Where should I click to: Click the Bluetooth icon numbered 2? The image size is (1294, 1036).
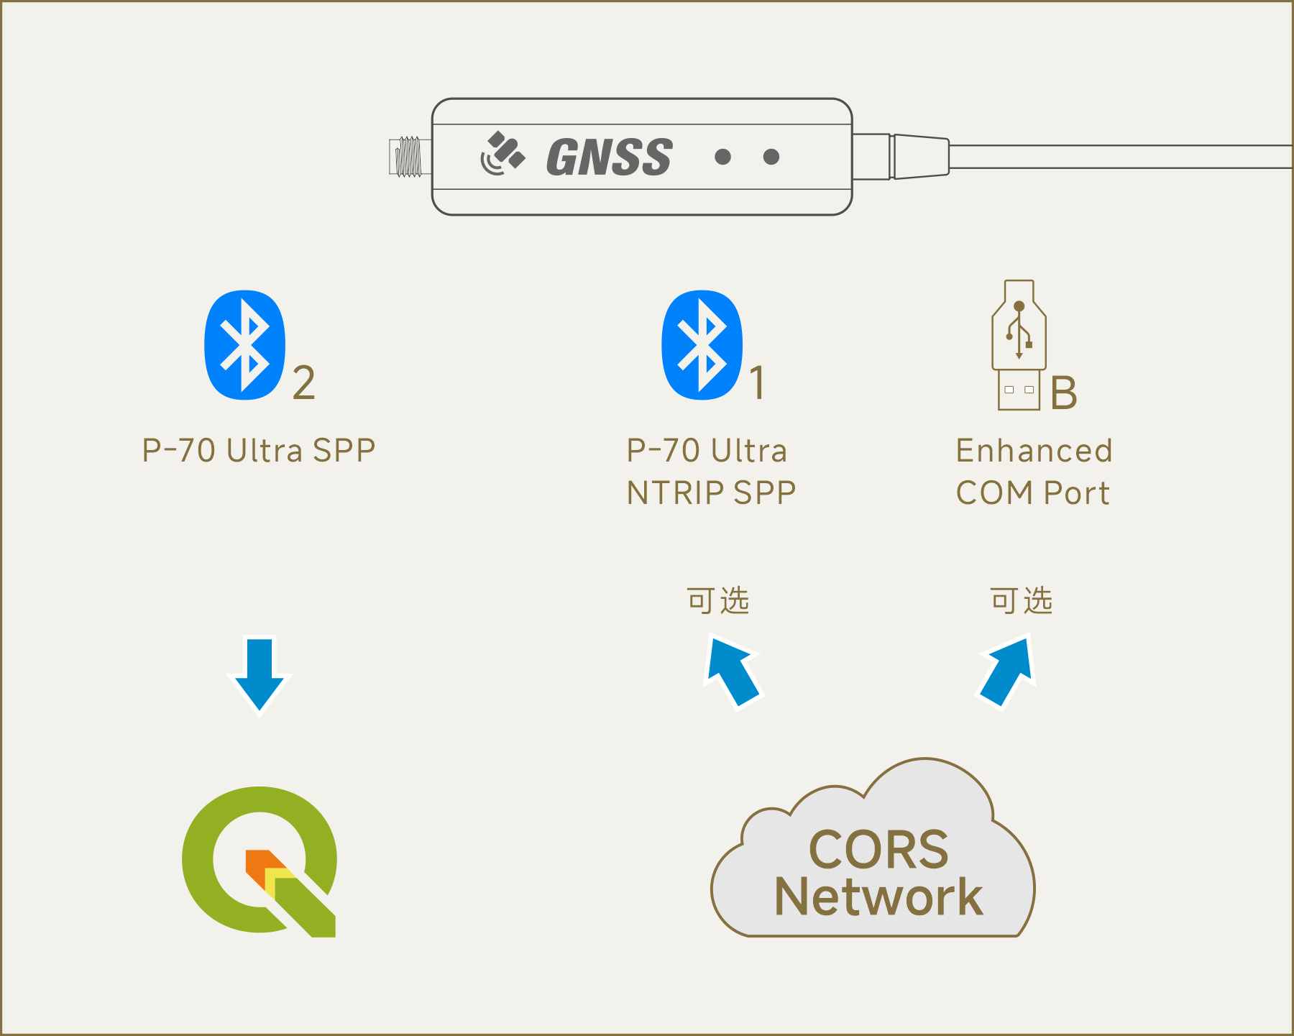pos(245,345)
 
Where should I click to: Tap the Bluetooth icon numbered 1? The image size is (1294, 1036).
pos(702,345)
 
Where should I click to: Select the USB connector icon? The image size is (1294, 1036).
pos(1019,345)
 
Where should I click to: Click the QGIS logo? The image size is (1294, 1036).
pos(260,861)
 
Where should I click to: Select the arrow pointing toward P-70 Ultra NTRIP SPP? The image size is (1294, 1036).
pos(733,671)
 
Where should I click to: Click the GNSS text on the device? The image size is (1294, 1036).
pos(610,157)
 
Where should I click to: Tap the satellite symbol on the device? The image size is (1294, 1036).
pos(503,153)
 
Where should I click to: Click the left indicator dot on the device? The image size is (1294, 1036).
pos(723,157)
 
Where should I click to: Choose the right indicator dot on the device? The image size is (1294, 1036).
pos(771,157)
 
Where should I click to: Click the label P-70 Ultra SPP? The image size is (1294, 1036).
pos(259,451)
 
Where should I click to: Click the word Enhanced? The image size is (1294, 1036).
pos(1034,451)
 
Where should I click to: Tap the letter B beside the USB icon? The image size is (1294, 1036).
pos(1064,393)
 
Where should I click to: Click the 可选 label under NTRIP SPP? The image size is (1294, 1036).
pos(718,600)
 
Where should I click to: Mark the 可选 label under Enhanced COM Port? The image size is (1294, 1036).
pos(1022,600)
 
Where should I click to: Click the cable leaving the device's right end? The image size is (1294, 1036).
pos(1121,157)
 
